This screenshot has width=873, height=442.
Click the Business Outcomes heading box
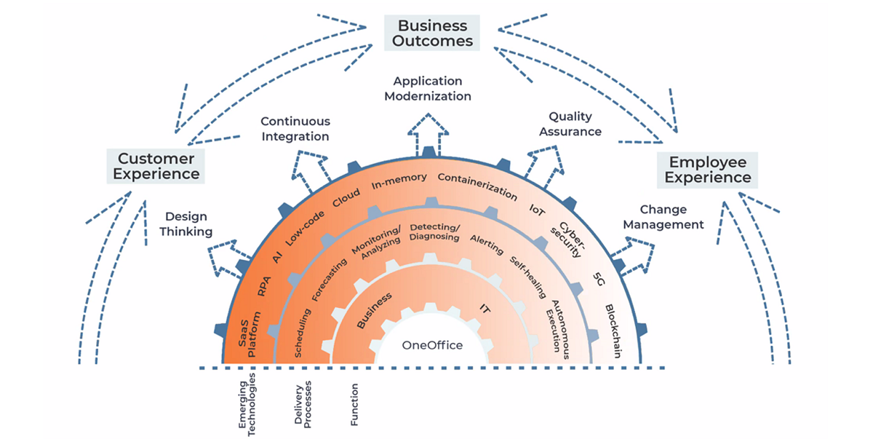pos(433,33)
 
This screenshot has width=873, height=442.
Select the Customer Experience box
pos(156,166)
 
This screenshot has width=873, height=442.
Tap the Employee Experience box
pos(707,170)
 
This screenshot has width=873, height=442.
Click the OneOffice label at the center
pos(432,345)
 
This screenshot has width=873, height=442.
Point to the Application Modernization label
pos(428,89)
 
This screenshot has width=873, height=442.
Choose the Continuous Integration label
pos(295,129)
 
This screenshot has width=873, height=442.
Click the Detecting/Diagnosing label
pos(434,232)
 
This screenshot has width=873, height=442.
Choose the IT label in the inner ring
pos(485,309)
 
